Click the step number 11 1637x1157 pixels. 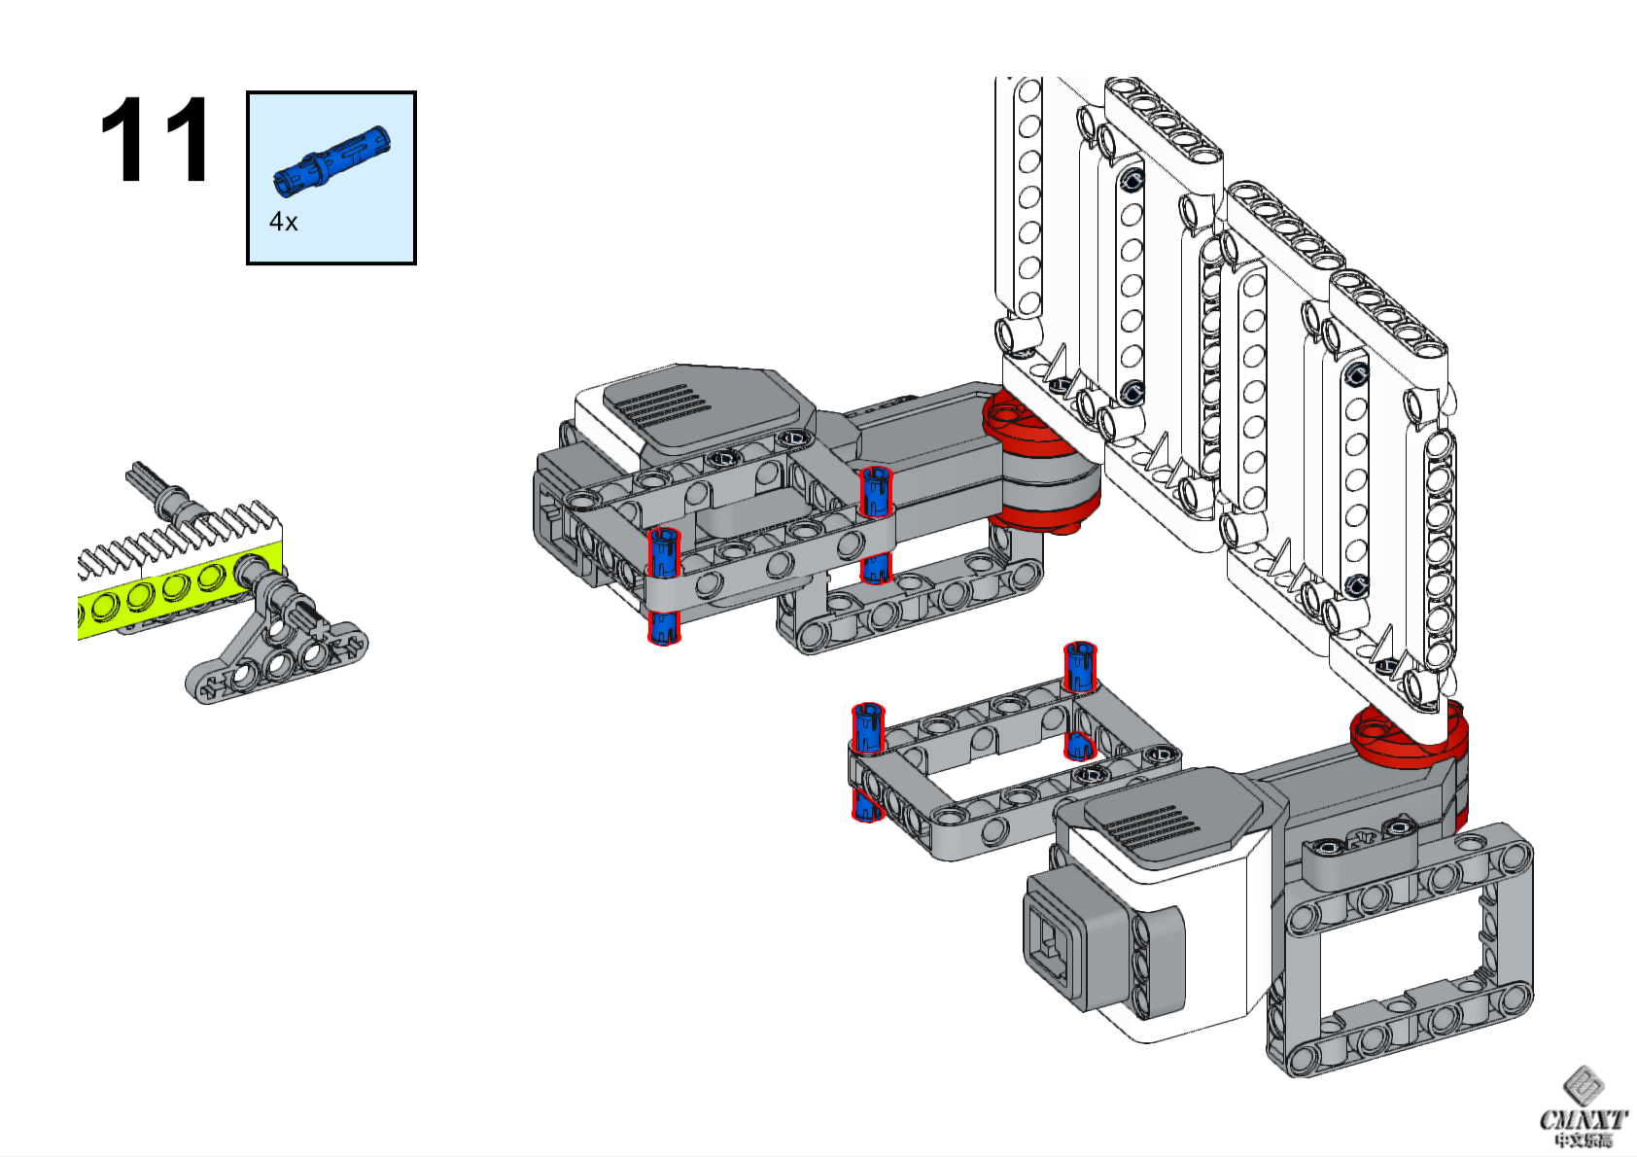pyautogui.click(x=155, y=140)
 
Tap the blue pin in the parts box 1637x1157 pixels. pyautogui.click(x=331, y=158)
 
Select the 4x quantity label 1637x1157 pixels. pyautogui.click(x=283, y=223)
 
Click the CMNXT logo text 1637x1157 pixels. pyautogui.click(x=1583, y=1120)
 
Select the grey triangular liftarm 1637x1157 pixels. pyautogui.click(x=277, y=651)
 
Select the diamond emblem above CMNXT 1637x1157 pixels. pyautogui.click(x=1583, y=1085)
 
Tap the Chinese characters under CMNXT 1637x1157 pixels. pyautogui.click(x=1583, y=1141)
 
